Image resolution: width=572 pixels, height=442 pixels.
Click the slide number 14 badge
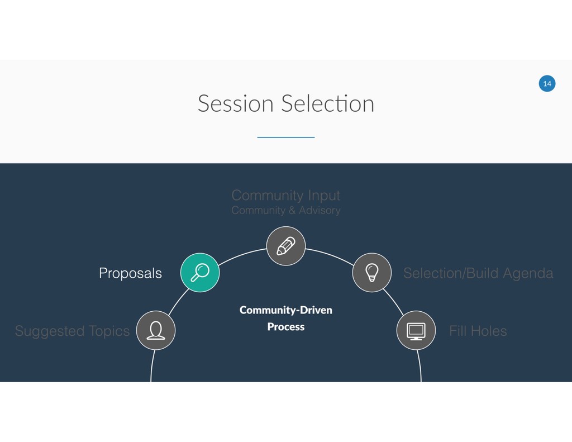coord(547,84)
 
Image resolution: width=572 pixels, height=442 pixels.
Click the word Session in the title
coord(235,104)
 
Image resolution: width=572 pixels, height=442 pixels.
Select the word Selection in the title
coord(328,104)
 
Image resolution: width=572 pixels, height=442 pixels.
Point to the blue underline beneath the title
coord(285,137)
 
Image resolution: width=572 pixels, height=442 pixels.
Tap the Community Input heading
coord(285,196)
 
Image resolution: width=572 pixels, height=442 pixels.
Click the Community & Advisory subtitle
coord(285,211)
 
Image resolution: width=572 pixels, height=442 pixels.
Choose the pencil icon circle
coord(285,246)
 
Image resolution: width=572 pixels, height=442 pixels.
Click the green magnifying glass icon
coord(200,273)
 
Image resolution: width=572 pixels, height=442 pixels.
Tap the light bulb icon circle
coord(371,273)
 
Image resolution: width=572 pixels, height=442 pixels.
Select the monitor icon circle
coord(416,330)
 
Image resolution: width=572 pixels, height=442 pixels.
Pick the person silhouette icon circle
coord(156,330)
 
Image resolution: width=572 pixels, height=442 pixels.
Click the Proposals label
coord(130,273)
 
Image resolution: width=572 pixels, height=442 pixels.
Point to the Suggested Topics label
coord(72,331)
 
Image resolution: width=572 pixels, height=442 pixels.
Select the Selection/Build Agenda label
coord(478,273)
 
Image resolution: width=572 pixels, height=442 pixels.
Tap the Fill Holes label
coord(478,331)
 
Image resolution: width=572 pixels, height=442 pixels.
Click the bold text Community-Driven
coord(285,310)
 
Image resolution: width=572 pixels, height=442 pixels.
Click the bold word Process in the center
coord(285,327)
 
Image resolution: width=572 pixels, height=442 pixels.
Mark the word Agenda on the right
coord(528,273)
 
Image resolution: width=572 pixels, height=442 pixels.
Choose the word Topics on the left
coord(109,331)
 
